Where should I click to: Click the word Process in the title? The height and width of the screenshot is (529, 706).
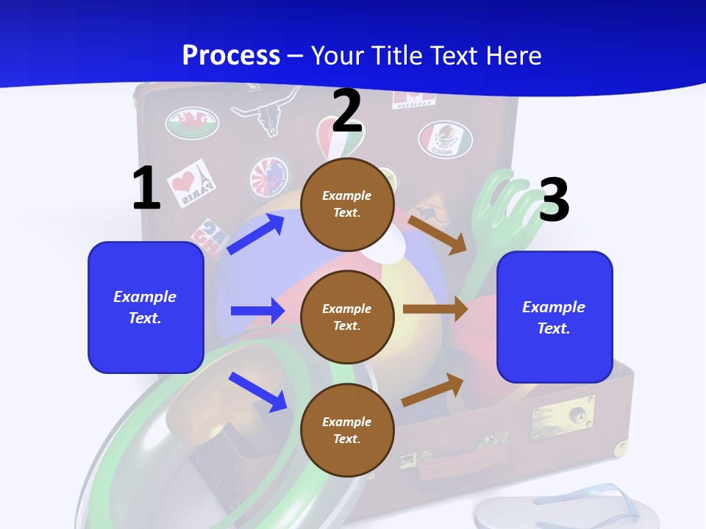(231, 55)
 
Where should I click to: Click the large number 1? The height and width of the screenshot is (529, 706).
(146, 188)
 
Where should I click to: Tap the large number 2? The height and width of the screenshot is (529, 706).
(347, 111)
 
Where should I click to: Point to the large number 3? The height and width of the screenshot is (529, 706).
(554, 200)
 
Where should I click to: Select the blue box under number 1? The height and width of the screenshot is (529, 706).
(146, 307)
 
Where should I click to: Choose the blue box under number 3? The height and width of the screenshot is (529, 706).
(555, 317)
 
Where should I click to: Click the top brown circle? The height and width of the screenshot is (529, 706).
(347, 204)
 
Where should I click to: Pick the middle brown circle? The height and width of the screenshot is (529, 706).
(347, 317)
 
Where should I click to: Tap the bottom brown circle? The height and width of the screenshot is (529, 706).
(347, 430)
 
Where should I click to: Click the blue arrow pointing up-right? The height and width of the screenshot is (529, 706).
(256, 234)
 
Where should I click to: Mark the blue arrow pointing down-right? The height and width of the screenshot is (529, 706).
(258, 392)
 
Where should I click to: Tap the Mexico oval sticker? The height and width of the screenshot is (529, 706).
(445, 139)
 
